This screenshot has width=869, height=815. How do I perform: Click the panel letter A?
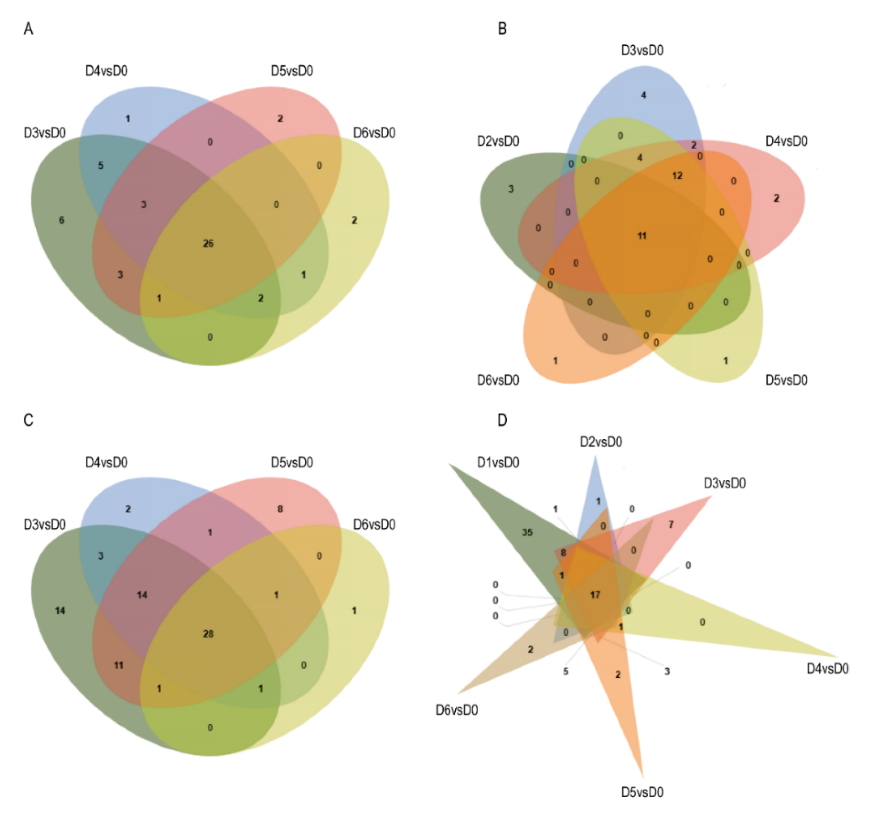(x=28, y=29)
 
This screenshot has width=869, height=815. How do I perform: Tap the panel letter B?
(x=502, y=29)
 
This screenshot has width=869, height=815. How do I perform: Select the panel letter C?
(x=28, y=420)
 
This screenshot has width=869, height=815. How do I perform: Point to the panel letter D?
(x=502, y=420)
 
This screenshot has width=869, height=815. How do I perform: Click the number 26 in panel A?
(x=208, y=243)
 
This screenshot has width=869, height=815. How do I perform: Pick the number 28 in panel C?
(x=208, y=634)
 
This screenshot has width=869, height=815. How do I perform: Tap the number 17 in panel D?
(x=595, y=595)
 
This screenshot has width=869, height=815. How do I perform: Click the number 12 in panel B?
(x=677, y=176)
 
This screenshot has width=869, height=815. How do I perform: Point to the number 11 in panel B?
(x=642, y=236)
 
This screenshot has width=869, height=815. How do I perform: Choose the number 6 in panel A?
(x=62, y=220)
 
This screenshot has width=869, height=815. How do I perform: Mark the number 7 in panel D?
(x=671, y=524)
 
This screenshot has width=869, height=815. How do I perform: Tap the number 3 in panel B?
(x=511, y=189)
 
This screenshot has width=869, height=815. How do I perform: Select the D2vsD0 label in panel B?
(x=498, y=141)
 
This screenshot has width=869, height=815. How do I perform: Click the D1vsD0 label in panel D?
(x=498, y=462)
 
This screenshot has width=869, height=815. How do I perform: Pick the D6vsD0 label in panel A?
(x=374, y=133)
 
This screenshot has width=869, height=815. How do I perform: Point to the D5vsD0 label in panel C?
(x=292, y=462)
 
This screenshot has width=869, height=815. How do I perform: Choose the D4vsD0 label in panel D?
(x=828, y=669)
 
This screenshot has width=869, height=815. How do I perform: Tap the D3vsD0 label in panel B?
(x=642, y=51)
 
